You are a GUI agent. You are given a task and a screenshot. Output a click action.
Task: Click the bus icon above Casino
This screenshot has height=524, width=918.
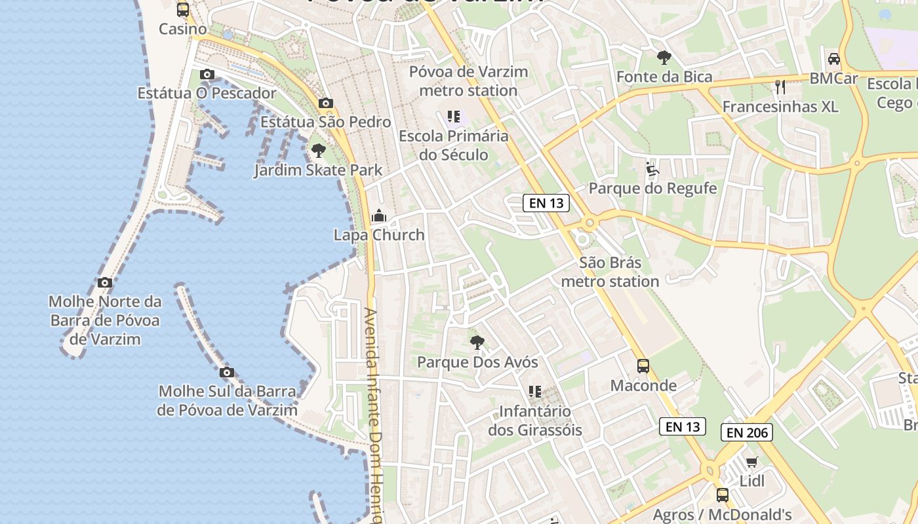point(183,10)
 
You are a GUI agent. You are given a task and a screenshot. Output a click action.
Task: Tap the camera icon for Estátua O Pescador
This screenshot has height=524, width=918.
point(207,75)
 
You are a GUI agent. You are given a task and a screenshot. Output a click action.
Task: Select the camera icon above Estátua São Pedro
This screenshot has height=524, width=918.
point(325,103)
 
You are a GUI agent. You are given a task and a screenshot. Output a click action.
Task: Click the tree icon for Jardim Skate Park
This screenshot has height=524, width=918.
point(319,151)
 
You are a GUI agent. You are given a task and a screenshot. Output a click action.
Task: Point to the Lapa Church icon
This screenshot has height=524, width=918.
point(379,215)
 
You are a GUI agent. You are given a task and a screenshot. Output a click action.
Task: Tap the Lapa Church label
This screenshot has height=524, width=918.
point(379,235)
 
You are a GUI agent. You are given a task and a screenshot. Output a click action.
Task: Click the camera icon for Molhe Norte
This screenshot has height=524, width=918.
point(105,283)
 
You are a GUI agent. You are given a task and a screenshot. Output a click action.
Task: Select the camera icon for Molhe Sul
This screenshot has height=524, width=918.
point(227,373)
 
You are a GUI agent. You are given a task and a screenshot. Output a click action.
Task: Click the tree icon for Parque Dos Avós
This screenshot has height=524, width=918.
point(477,342)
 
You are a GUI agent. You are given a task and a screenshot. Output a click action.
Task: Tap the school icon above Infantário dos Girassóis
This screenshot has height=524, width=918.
point(535,392)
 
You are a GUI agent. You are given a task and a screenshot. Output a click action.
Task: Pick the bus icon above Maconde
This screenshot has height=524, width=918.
point(643,366)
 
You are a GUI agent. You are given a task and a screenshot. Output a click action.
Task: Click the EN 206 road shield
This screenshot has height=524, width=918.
point(747,432)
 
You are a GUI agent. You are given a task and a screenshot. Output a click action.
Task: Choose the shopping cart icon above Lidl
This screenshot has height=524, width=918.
point(752,462)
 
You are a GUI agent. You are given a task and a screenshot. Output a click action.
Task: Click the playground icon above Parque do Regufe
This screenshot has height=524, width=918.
point(652,170)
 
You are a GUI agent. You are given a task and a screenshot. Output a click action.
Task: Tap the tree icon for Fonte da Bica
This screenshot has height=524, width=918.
point(664,58)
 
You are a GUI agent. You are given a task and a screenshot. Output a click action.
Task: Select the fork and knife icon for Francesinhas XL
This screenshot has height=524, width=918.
point(780,86)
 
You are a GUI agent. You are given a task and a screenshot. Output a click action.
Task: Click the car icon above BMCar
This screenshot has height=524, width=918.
point(834,59)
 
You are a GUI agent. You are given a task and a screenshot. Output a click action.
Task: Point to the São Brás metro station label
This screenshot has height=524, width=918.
point(610,272)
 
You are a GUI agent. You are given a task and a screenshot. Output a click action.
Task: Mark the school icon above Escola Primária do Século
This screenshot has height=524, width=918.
point(454,117)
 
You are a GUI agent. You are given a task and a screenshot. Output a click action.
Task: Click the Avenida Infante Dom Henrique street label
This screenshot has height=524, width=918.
point(373,413)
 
